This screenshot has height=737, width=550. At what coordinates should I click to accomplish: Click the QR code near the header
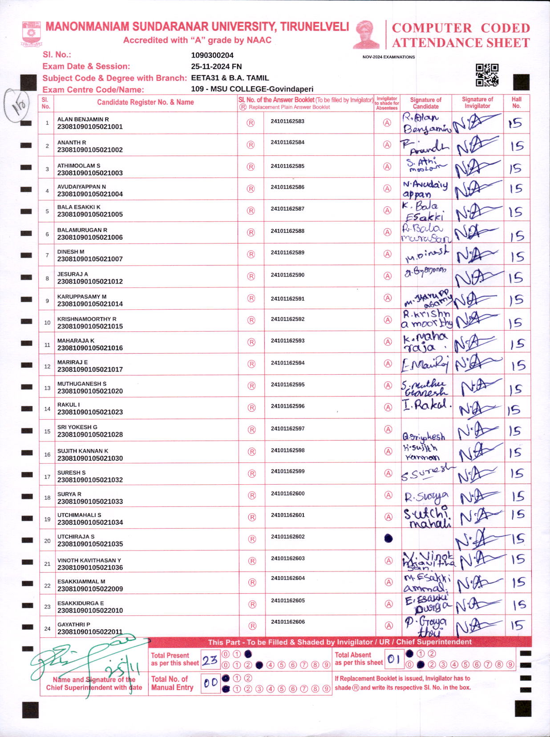tap(487, 75)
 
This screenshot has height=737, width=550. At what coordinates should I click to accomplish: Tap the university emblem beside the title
tap(31, 34)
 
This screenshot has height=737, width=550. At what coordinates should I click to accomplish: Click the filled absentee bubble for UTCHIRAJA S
tap(388, 539)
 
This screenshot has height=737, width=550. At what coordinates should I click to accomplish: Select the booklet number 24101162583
tap(287, 121)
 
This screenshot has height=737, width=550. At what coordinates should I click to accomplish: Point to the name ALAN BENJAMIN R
tap(83, 119)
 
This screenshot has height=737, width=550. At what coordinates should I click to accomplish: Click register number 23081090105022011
tap(90, 632)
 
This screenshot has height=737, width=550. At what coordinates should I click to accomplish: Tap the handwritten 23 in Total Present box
tap(210, 660)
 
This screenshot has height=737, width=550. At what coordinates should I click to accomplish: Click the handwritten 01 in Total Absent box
tap(394, 659)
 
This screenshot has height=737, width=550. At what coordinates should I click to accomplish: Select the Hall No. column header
tap(516, 102)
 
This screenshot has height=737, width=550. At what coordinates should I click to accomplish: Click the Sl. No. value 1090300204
tap(212, 55)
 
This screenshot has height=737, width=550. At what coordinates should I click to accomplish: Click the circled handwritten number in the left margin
tap(18, 104)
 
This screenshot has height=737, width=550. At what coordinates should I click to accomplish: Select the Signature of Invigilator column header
tap(477, 102)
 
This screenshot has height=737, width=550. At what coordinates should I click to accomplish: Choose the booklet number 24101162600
tap(287, 494)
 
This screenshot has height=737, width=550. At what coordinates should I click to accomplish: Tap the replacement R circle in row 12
tap(251, 364)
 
